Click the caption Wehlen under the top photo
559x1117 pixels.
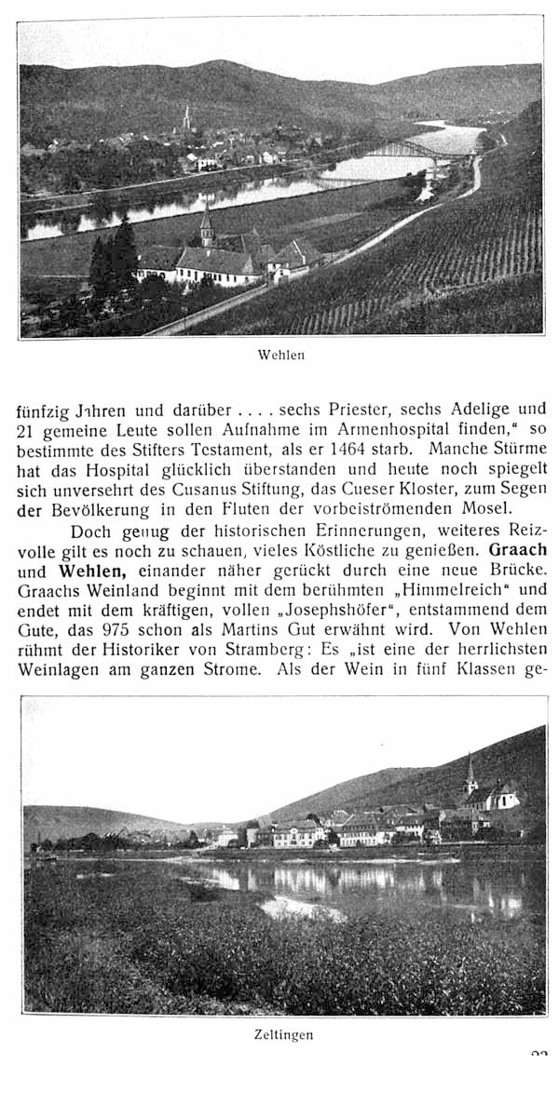(280, 355)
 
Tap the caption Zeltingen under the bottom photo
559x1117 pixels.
(283, 1034)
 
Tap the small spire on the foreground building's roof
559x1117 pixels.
(206, 226)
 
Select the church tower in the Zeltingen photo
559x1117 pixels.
(470, 774)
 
